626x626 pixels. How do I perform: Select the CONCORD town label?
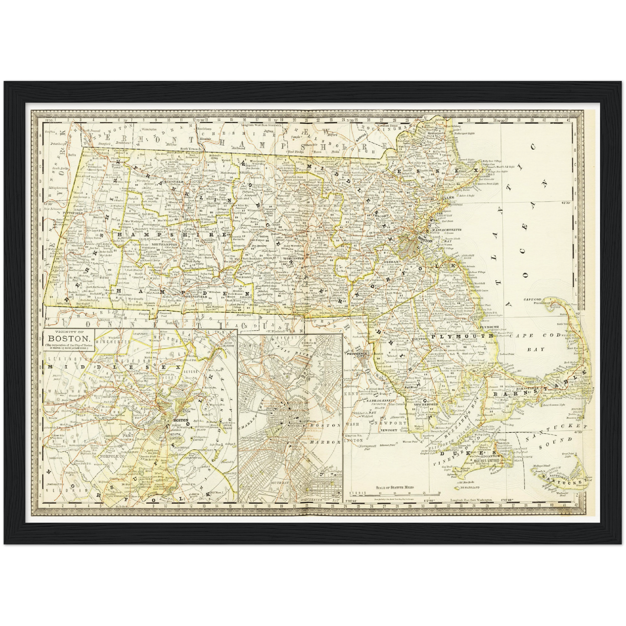click(x=383, y=214)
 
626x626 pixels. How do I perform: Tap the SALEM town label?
click(x=446, y=197)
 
